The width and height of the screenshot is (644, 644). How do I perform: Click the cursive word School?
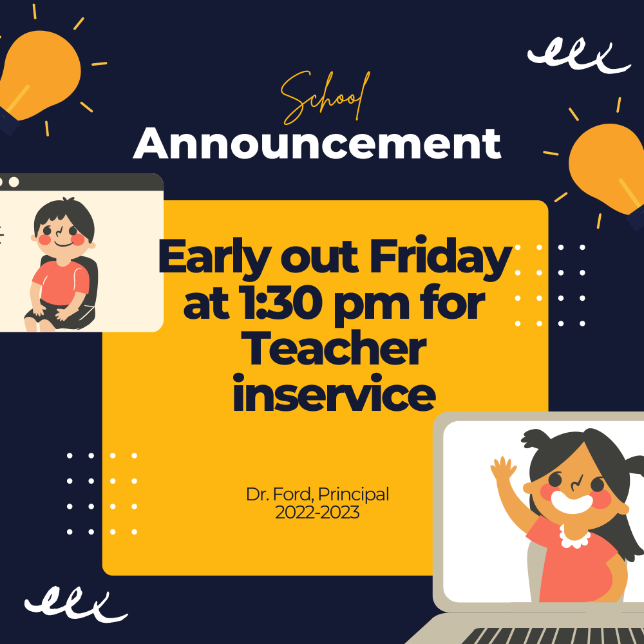click(x=325, y=98)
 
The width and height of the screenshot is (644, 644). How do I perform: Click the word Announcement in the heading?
click(x=317, y=144)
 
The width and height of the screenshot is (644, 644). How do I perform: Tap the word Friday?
click(x=440, y=258)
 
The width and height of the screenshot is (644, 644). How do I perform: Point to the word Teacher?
click(x=334, y=349)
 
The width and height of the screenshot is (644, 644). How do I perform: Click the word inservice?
click(x=334, y=392)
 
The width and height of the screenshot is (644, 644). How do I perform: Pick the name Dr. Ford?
click(x=279, y=494)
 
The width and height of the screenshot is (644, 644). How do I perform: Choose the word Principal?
click(x=354, y=495)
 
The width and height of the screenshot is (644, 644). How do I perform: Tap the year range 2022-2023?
click(x=317, y=513)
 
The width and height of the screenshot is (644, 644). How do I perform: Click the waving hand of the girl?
click(x=503, y=468)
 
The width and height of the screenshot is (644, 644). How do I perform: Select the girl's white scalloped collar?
click(x=575, y=538)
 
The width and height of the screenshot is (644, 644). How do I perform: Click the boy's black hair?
click(x=64, y=217)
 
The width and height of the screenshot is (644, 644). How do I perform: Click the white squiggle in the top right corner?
click(x=579, y=55)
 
